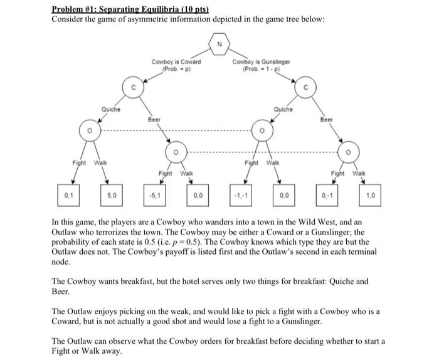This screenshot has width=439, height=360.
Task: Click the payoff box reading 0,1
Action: point(68,196)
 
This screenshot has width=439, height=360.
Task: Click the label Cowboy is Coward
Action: point(176,61)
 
